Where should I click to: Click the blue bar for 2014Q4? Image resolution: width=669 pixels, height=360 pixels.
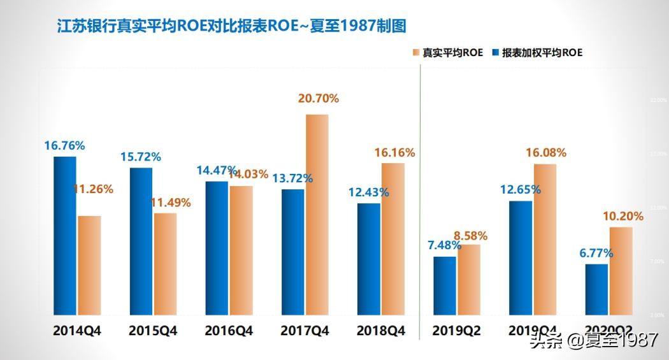64,235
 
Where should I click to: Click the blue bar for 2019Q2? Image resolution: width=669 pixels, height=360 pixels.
444,285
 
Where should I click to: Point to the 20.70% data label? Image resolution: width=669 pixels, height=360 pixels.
318,99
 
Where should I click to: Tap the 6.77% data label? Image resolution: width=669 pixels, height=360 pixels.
596,253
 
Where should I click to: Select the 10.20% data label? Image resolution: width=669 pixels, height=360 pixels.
622,216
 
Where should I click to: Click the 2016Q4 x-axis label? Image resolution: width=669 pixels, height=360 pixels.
229,331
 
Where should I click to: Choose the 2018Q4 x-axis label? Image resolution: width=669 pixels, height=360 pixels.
380,331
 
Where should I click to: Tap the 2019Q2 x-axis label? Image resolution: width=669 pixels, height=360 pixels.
456,331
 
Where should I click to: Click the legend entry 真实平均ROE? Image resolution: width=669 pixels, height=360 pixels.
450,53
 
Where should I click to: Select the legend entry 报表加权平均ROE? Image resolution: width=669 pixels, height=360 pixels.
538,53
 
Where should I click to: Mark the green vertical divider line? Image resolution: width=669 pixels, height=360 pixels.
421,191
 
